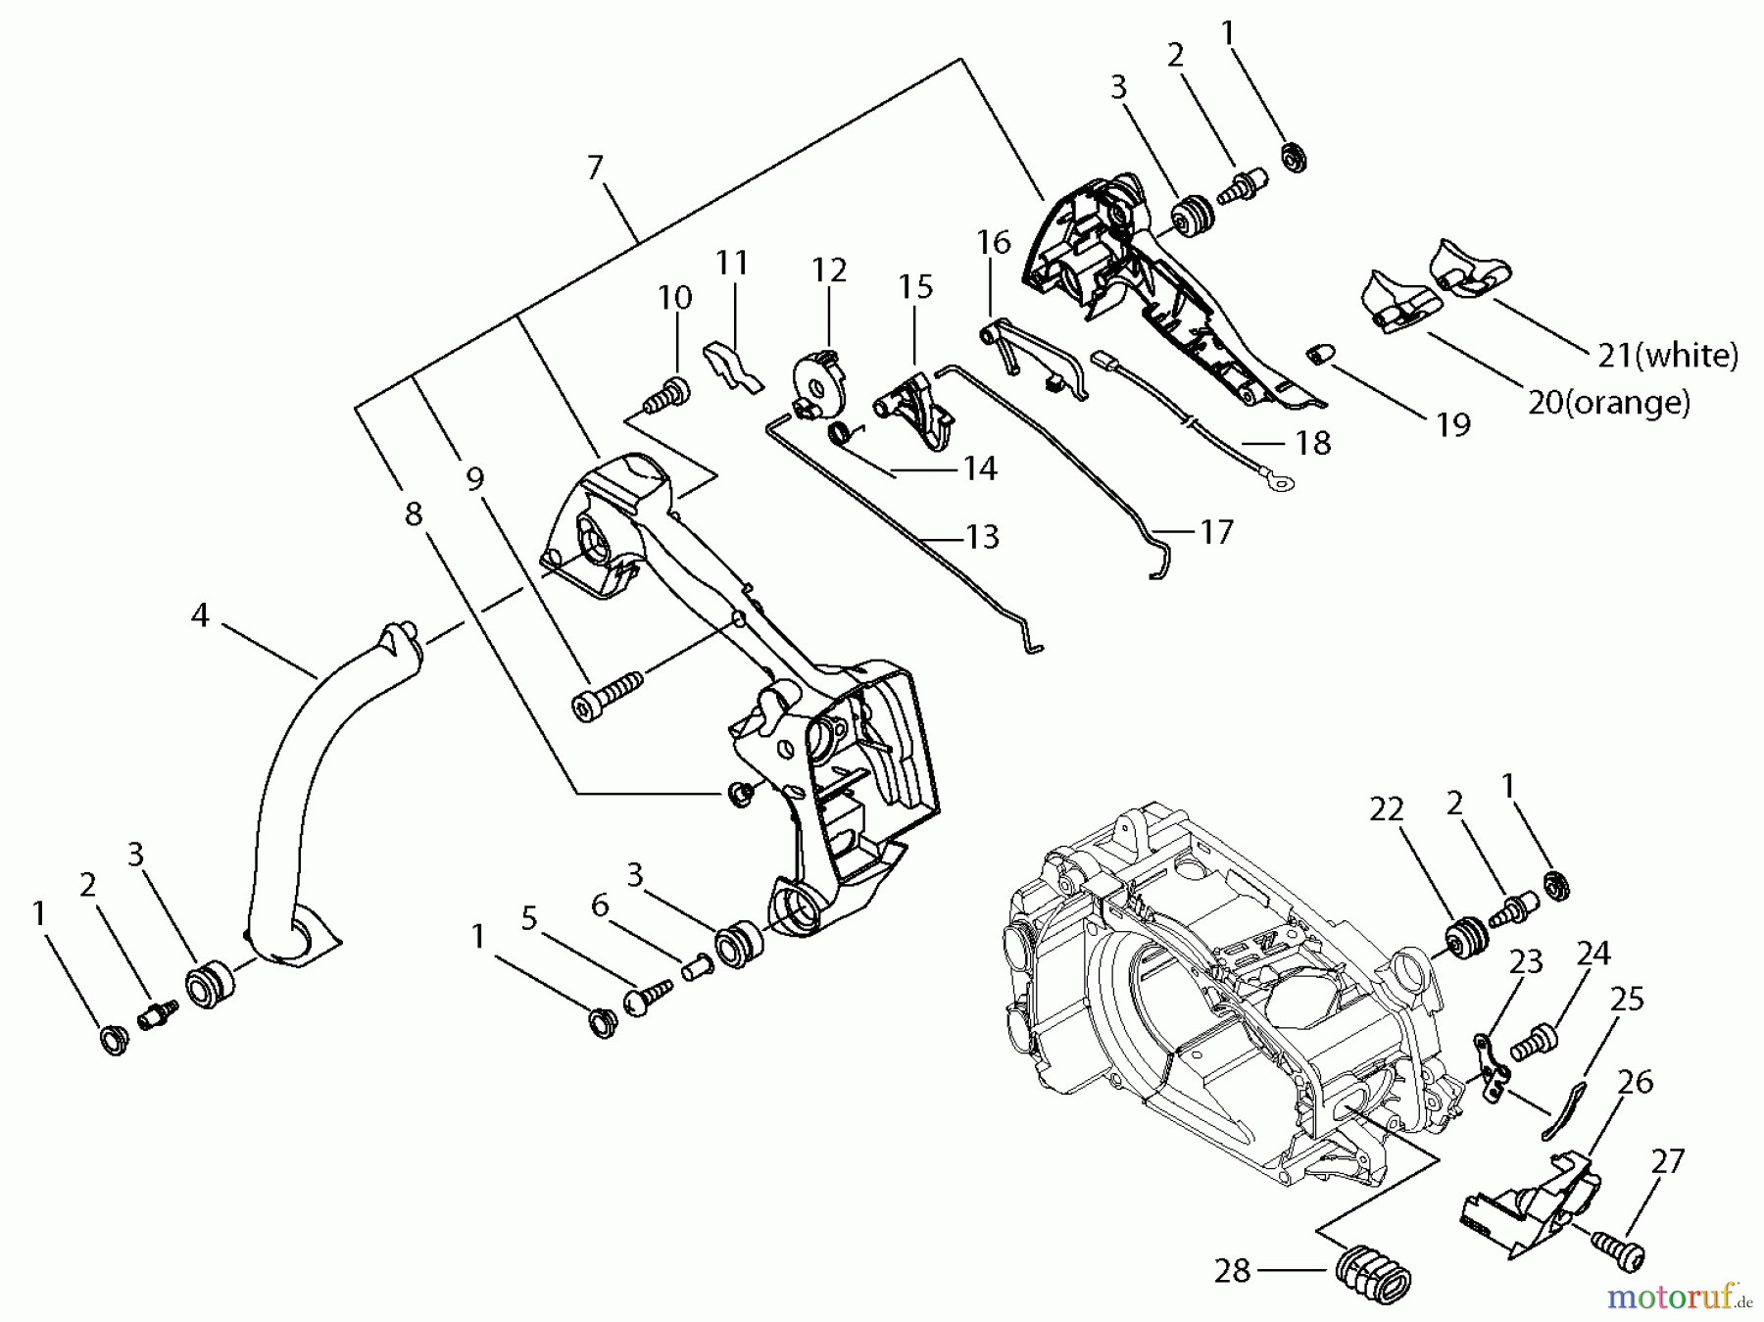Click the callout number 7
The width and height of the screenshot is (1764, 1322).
595,169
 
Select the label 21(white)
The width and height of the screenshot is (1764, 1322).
1667,356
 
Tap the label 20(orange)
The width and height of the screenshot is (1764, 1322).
1609,402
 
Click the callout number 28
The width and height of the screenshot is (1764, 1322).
1232,1271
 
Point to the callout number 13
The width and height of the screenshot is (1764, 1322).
982,537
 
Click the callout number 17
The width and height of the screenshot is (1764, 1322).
1216,532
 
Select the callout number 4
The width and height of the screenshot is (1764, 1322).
200,615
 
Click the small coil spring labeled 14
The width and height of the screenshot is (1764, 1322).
843,432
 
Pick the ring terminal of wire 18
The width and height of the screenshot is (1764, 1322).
1277,481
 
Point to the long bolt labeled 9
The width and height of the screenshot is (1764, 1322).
606,689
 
